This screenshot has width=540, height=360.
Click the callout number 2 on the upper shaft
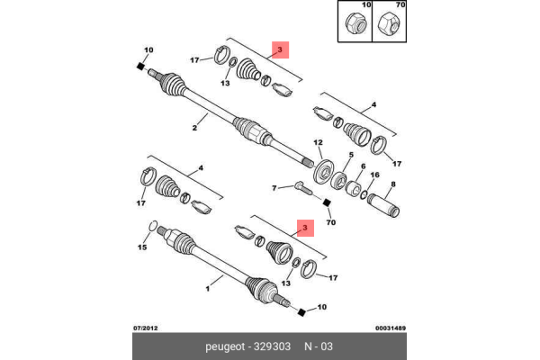click(193, 127)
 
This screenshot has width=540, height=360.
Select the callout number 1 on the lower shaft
click(207, 290)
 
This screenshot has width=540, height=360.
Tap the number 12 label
click(318, 143)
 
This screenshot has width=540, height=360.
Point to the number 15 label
click(141, 247)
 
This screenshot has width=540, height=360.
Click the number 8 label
click(338, 155)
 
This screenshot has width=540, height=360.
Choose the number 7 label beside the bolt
click(363, 166)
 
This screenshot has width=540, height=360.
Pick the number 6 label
click(392, 184)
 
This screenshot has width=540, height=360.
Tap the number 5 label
click(338, 155)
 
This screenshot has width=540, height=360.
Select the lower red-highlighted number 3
click(305, 229)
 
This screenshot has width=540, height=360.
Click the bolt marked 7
click(301, 188)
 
